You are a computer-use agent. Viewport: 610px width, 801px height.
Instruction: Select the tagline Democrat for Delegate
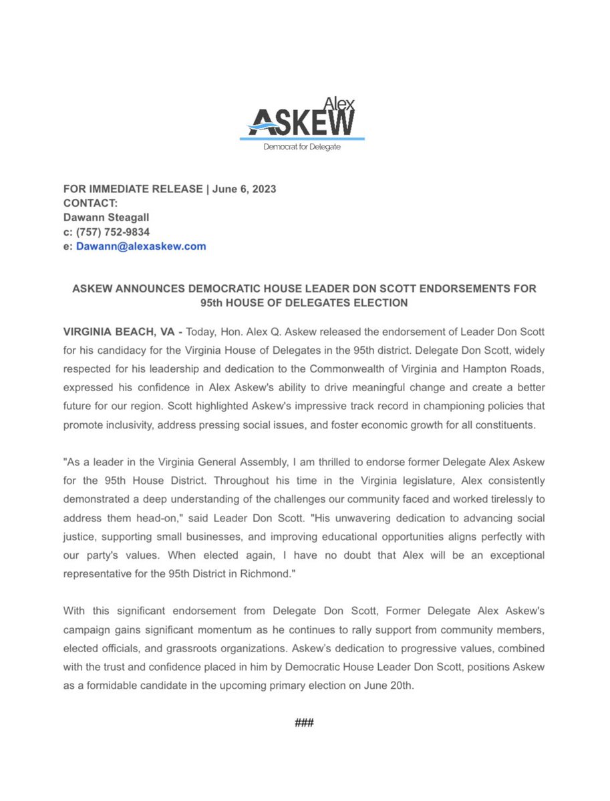[x=302, y=147]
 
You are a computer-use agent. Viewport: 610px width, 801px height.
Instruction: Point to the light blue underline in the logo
[x=302, y=138]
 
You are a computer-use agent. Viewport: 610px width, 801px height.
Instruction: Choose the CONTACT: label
[x=90, y=204]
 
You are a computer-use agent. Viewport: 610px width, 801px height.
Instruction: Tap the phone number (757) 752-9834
[x=112, y=232]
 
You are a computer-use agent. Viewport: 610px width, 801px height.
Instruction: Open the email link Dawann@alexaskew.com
[x=141, y=246]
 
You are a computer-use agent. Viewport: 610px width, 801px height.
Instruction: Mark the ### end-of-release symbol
[x=304, y=724]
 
